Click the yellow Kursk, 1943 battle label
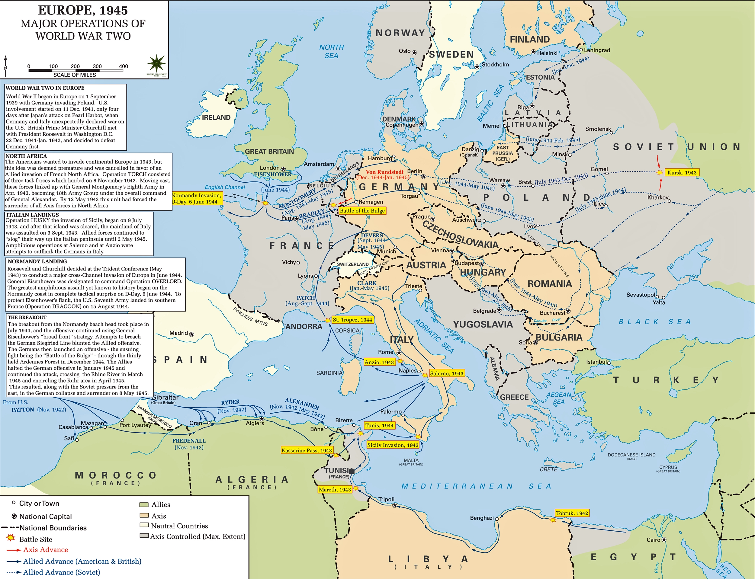click(682, 172)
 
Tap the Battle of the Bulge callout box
click(362, 211)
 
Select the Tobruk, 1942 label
click(572, 513)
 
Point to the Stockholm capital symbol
click(477, 66)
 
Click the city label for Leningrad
click(596, 50)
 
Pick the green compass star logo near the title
click(156, 63)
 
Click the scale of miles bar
click(75, 70)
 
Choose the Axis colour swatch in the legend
click(144, 515)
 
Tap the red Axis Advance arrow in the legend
click(14, 550)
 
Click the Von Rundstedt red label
click(384, 172)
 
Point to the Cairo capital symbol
click(664, 539)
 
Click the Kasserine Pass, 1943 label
click(307, 450)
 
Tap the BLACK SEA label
click(655, 321)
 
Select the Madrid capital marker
click(192, 334)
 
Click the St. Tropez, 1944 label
click(352, 319)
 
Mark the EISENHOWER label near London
click(273, 174)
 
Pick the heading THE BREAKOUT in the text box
click(27, 317)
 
